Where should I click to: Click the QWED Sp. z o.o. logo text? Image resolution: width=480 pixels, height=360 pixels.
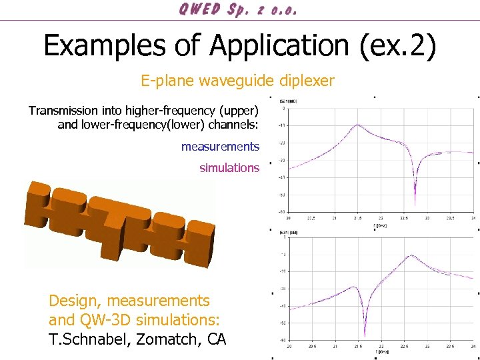coord(238,10)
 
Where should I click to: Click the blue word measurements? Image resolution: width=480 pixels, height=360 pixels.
coord(220,147)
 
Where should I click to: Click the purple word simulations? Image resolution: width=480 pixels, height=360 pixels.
coord(229,168)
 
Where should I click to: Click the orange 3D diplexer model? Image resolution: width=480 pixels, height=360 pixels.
coord(120,223)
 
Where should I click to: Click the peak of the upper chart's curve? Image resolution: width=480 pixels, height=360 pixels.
coord(359,125)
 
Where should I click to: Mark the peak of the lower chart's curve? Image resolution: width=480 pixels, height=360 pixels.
coord(412,255)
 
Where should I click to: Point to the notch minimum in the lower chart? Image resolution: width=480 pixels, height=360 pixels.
coord(364,335)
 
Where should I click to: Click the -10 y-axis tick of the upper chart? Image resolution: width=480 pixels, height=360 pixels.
coord(283,125)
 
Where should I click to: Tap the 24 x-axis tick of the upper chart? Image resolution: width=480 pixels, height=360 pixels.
coord(473,218)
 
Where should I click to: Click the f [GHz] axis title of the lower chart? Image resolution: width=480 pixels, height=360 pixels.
coord(385,351)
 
